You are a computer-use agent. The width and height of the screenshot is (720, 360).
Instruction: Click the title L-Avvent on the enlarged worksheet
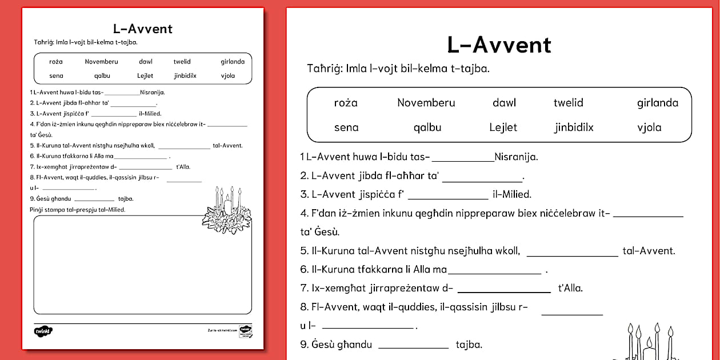pos(499,45)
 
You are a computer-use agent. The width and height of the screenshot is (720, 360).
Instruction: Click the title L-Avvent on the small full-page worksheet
pos(143,29)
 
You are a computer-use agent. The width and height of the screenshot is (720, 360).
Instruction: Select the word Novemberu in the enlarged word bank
pos(426,103)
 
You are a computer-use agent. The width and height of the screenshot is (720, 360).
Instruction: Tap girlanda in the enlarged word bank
pos(658,103)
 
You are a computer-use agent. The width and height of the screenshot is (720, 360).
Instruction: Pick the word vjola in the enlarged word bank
pos(649,127)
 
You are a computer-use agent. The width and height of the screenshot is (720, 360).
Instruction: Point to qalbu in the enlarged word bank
pos(427,127)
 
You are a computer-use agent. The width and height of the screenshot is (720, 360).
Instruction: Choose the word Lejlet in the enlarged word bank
pos(503,127)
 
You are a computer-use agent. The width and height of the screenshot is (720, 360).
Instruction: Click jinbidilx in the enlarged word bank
pos(574,127)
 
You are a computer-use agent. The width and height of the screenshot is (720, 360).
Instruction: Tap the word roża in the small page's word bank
pos(56,62)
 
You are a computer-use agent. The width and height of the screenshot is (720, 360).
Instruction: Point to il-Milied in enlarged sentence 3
pos(511,194)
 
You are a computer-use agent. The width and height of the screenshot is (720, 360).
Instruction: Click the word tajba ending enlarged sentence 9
pos(469,345)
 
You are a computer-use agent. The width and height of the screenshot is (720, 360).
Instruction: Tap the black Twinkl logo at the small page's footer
pos(43,331)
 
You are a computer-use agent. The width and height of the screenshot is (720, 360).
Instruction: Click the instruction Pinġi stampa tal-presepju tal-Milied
pos(77,210)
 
